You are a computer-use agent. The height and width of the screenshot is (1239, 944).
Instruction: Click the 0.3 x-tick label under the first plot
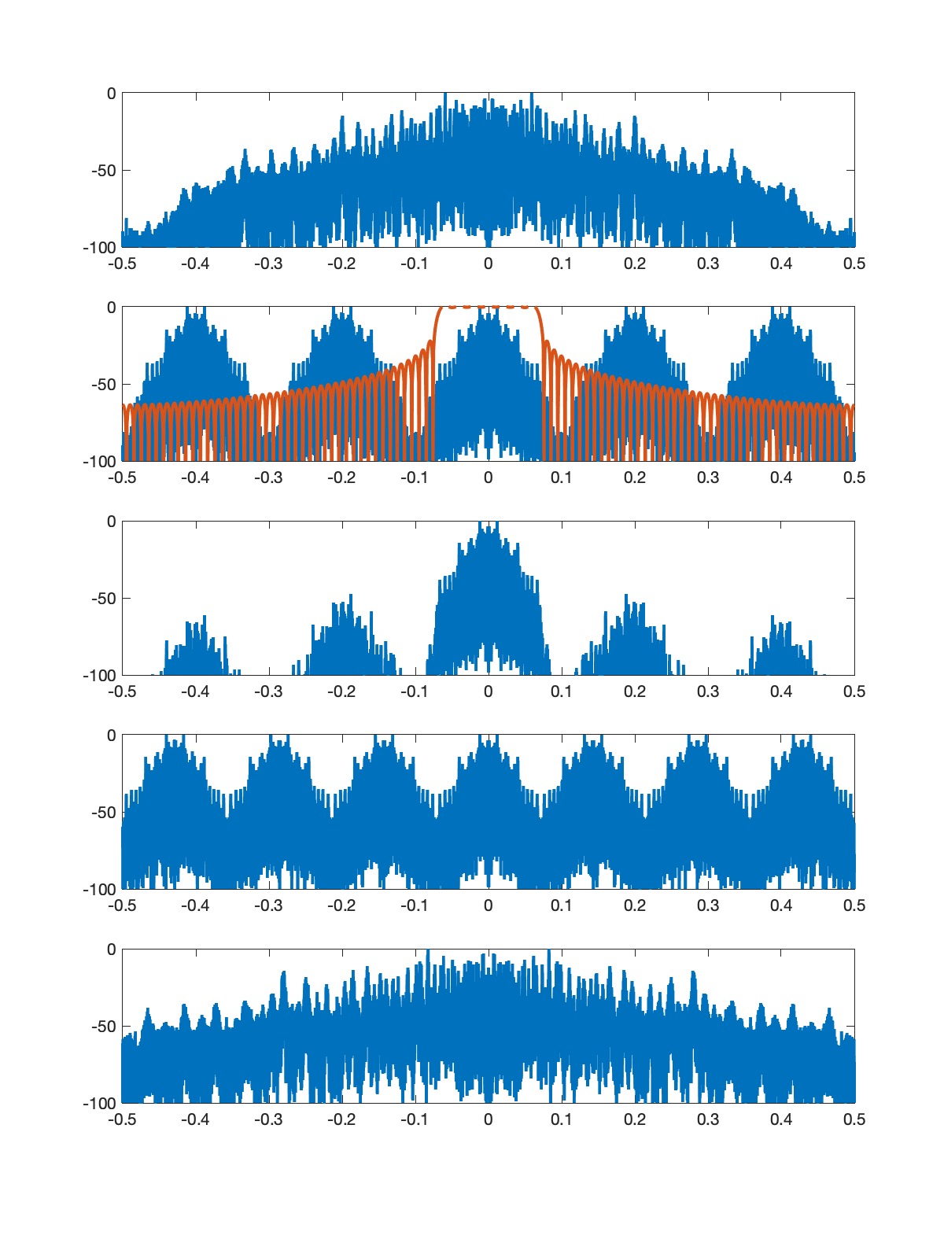coord(708,264)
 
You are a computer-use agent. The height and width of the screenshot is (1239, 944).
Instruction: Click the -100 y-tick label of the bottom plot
coord(100,1104)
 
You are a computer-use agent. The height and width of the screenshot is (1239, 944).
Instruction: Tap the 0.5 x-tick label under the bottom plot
coord(854,1119)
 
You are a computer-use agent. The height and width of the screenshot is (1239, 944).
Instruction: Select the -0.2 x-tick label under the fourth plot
coord(341,905)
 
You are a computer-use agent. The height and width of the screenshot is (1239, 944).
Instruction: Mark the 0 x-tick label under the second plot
coord(488,478)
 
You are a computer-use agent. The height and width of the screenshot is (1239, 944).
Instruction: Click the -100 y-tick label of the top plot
coord(100,248)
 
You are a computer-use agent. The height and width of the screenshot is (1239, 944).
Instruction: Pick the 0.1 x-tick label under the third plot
coord(561,691)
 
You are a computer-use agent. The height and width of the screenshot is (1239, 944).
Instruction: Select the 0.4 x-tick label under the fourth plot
coord(781,905)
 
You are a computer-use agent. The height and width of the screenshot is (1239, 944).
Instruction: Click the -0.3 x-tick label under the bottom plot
coord(268,1119)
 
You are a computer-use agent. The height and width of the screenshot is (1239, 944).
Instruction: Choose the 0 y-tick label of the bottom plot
coord(111,950)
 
